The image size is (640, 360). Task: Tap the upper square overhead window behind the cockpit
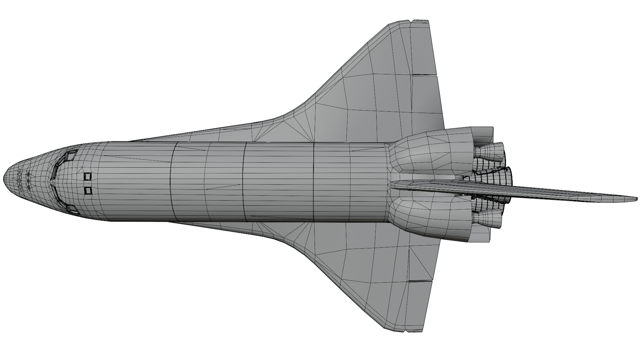click(88, 176)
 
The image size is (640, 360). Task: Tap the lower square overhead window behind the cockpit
click(88, 191)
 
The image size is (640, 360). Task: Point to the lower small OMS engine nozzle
click(490, 219)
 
